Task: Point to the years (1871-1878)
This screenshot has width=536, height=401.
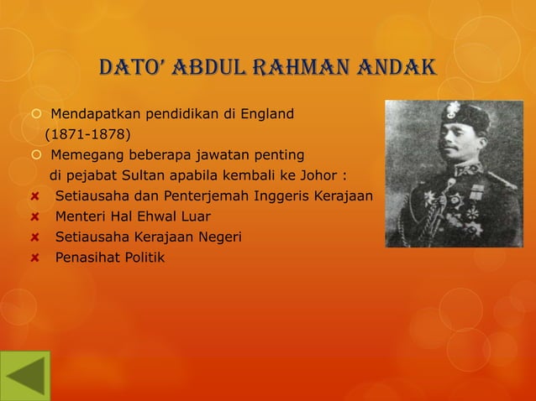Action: [x=87, y=134]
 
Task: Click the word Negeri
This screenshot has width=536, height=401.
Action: [x=220, y=237]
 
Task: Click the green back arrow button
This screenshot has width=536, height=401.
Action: [x=25, y=375]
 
